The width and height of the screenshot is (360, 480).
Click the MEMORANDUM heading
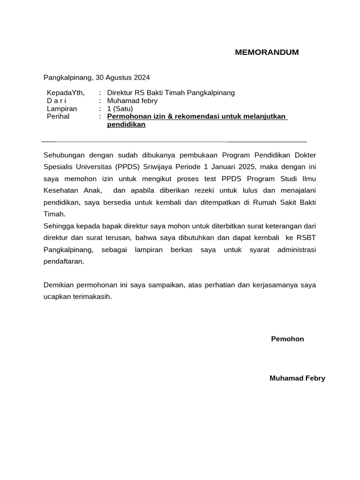click(x=267, y=52)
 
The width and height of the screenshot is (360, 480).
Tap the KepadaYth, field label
click(x=66, y=93)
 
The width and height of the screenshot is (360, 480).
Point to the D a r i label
click(x=57, y=101)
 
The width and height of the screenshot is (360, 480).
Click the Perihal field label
click(x=58, y=116)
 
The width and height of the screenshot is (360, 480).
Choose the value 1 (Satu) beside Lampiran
click(x=120, y=109)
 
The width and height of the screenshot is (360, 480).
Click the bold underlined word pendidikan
click(x=126, y=124)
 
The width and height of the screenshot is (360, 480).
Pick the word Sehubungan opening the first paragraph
click(x=63, y=155)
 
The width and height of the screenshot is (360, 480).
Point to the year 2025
click(x=245, y=166)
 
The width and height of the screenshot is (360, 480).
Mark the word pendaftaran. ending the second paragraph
click(x=64, y=262)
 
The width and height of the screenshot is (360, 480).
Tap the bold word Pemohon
click(x=287, y=339)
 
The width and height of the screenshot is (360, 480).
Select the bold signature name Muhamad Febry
click(x=297, y=378)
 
